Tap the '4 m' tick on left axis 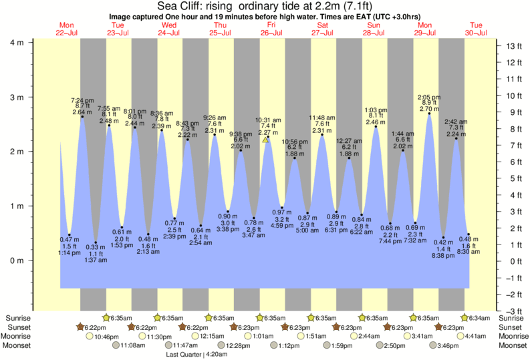16,43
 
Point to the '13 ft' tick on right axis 513,46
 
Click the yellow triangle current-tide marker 265,140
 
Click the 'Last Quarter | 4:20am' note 198,355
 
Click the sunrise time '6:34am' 478,318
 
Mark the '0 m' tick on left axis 16,260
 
